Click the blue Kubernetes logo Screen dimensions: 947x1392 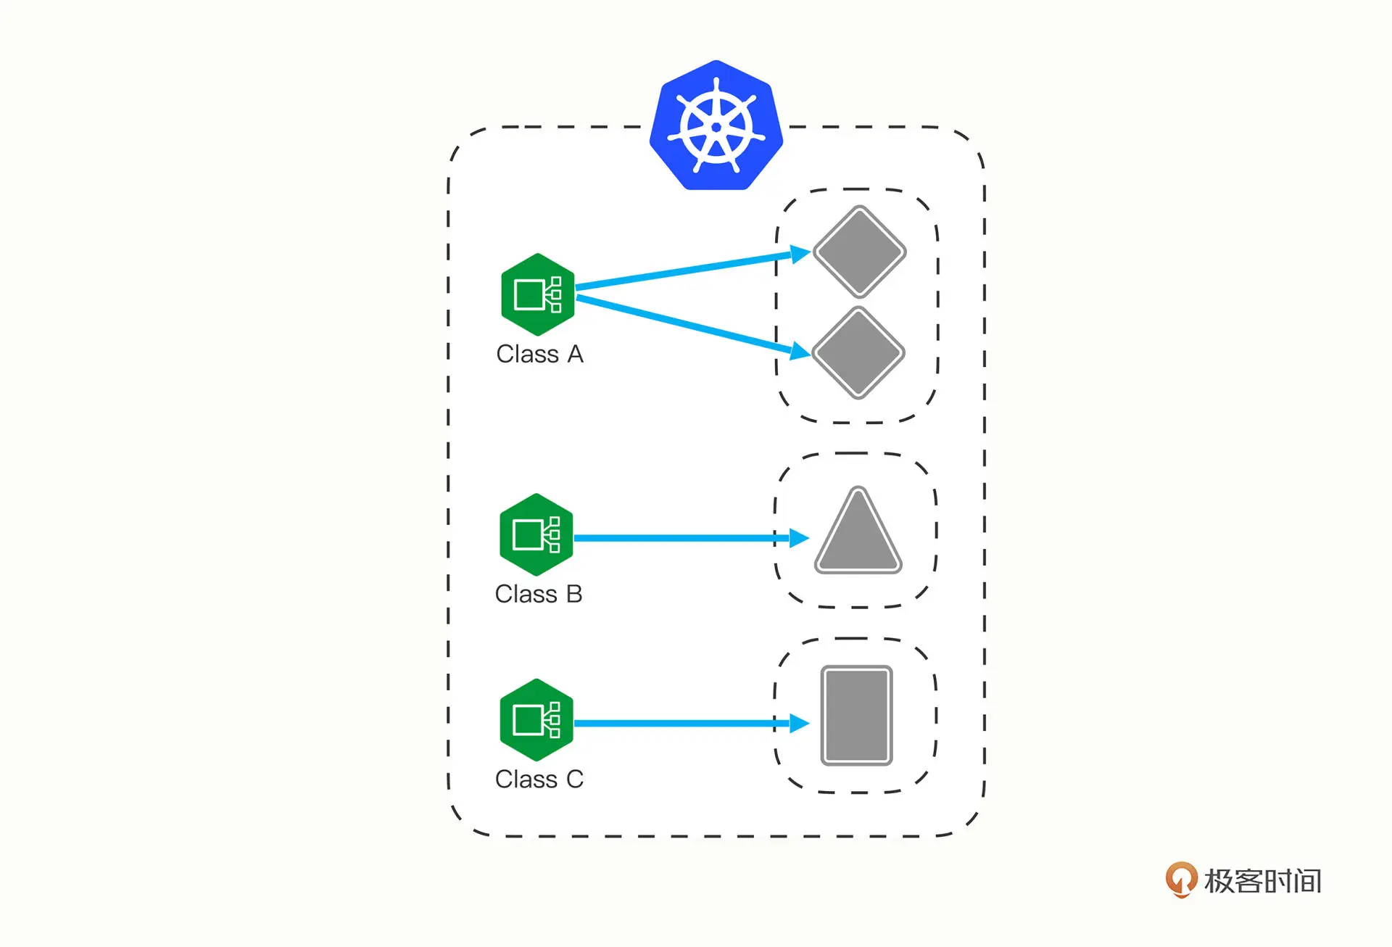pos(716,126)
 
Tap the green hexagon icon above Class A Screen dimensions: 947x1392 pos(537,294)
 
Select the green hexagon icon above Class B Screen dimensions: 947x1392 pos(536,535)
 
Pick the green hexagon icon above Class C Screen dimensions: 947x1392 pos(536,720)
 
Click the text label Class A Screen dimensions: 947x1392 pos(539,354)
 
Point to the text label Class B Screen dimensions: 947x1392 pos(539,594)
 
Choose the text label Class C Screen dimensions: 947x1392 pos(539,779)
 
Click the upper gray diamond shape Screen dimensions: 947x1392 pos(859,252)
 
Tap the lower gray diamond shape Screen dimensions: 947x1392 pos(858,353)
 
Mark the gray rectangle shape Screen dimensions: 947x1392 pos(856,716)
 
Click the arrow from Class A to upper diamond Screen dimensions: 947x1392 pos(681,271)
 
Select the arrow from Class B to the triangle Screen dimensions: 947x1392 pos(681,538)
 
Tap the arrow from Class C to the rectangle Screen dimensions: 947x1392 pos(681,723)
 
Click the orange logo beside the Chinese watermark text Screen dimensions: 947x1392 pos(1181,879)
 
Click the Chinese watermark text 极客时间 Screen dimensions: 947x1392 pos(1262,881)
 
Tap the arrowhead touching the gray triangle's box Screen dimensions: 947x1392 pos(799,538)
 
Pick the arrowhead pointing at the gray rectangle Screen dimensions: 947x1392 pos(799,723)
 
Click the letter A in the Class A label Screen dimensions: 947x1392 pos(575,354)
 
